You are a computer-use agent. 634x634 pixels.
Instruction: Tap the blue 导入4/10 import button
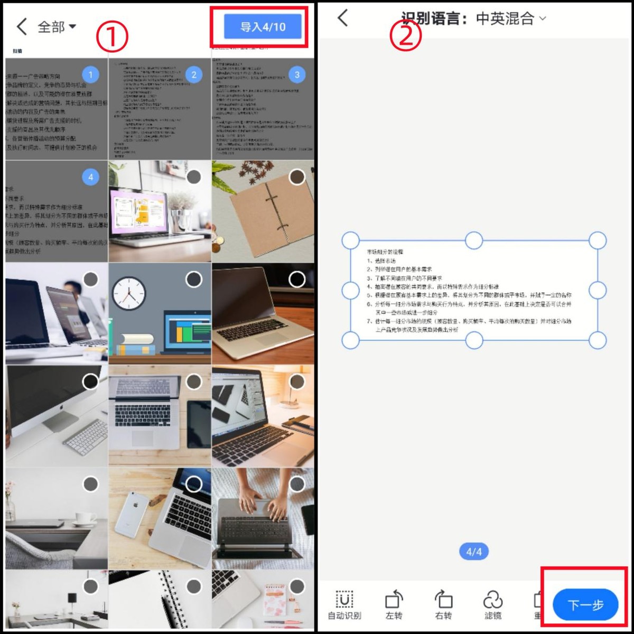click(x=263, y=26)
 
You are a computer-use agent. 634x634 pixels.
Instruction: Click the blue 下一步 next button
click(x=585, y=605)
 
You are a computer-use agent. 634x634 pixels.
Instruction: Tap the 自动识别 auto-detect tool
click(x=344, y=605)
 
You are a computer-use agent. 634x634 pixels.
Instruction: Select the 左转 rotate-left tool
click(x=394, y=605)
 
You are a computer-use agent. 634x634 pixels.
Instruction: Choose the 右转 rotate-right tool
click(x=443, y=605)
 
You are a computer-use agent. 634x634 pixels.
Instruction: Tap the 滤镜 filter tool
click(x=492, y=605)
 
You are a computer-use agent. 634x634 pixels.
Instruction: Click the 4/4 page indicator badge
click(x=474, y=552)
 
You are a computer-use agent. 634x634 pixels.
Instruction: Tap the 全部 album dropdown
click(x=57, y=26)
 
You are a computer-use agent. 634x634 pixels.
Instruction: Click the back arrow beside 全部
click(x=22, y=26)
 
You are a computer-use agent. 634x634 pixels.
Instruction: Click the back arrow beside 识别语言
click(x=343, y=18)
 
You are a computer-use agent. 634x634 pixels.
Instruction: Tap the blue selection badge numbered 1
click(x=90, y=74)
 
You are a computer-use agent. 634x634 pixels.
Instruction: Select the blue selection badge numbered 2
click(x=194, y=74)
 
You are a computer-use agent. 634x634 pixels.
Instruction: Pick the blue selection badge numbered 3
click(x=297, y=74)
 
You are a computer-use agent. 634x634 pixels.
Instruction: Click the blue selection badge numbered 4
click(x=90, y=177)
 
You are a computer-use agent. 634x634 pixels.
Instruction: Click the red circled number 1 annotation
click(x=111, y=38)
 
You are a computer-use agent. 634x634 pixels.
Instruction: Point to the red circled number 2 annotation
click(x=405, y=36)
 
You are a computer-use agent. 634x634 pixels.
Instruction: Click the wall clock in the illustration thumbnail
click(x=128, y=293)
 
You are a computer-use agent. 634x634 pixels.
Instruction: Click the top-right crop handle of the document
click(x=598, y=240)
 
